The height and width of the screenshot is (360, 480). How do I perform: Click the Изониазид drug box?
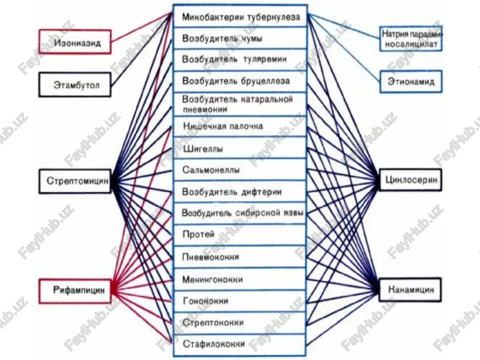click(x=75, y=42)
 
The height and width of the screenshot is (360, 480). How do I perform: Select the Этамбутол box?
click(x=75, y=84)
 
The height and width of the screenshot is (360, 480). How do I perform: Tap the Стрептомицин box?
click(x=75, y=181)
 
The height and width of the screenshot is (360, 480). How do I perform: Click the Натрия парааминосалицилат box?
click(x=411, y=39)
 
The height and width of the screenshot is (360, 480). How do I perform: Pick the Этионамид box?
click(x=411, y=82)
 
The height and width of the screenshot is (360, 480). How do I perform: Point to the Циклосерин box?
click(x=410, y=180)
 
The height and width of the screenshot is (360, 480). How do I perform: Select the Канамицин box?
click(x=410, y=289)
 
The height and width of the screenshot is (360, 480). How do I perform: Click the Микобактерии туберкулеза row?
click(x=240, y=16)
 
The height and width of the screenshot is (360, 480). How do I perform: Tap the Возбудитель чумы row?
click(x=240, y=38)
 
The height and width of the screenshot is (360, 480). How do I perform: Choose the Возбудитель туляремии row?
click(x=240, y=60)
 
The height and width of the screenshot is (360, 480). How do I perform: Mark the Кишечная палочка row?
click(x=240, y=126)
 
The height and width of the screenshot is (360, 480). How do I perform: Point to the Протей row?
click(x=240, y=235)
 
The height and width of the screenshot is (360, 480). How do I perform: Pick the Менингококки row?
click(x=240, y=279)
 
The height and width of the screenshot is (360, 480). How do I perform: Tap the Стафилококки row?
click(x=240, y=344)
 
